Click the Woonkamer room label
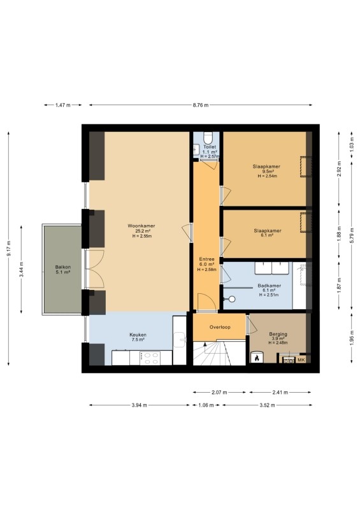coord(141,226)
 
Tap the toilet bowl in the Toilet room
coord(208,138)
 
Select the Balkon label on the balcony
coord(63,267)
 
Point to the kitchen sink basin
coord(179,340)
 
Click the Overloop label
coord(220,327)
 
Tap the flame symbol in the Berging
coord(257,358)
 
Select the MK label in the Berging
coord(301,360)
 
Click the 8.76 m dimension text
coord(201,105)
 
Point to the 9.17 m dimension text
coord(9,248)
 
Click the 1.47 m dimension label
coord(63,105)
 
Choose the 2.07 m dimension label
coord(220,392)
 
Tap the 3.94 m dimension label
coord(139,405)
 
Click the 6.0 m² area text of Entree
coord(207,264)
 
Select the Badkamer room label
coord(270,286)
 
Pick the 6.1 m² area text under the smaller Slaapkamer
coord(267,235)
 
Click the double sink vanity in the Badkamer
coord(271,268)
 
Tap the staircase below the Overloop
coord(219,353)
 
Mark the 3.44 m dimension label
coord(22,269)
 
